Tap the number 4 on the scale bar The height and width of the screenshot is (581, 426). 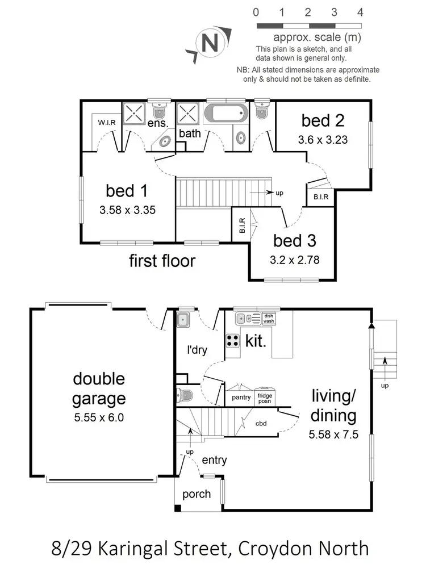(360, 12)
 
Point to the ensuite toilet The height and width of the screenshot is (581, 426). (157, 109)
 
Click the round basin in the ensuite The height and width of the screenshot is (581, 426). (166, 140)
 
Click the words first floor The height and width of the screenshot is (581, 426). (162, 261)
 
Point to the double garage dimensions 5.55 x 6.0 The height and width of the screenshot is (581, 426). (98, 417)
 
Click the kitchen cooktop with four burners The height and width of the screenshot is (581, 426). (233, 341)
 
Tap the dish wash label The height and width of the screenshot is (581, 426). (269, 319)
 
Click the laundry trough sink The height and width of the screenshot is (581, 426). (183, 319)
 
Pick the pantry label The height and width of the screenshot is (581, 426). (241, 398)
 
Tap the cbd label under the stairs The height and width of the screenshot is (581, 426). (262, 423)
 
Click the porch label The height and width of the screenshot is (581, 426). (197, 494)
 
